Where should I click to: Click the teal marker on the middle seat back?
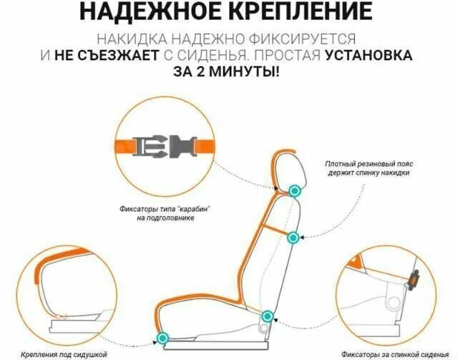[292, 238]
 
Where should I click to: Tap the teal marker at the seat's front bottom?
[164, 336]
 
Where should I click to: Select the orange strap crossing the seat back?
[275, 229]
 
